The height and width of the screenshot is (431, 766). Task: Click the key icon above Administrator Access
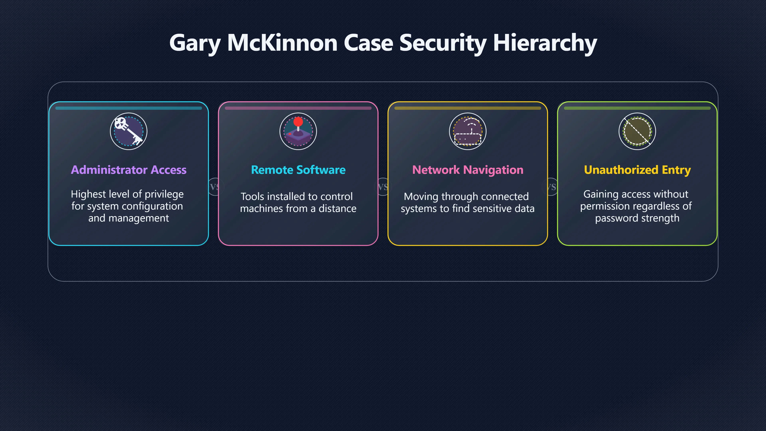(128, 131)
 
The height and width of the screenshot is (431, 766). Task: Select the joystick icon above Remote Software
(298, 131)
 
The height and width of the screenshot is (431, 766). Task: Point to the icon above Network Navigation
(467, 131)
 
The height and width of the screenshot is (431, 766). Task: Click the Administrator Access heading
(128, 170)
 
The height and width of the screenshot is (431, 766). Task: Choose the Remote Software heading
(298, 170)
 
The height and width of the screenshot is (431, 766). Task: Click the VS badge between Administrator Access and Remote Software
(214, 187)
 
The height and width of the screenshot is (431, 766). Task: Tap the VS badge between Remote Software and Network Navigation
(383, 187)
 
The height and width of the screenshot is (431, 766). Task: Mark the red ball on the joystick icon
(298, 122)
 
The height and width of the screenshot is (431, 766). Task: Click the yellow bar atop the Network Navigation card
(467, 108)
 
